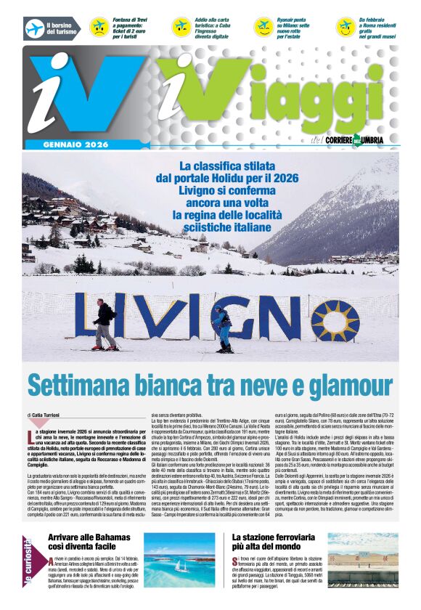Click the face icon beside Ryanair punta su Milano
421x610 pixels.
click(263, 28)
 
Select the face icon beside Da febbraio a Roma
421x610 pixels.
click(346, 28)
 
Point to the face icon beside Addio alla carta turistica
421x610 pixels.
click(181, 28)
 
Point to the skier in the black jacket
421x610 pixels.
click(106, 324)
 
